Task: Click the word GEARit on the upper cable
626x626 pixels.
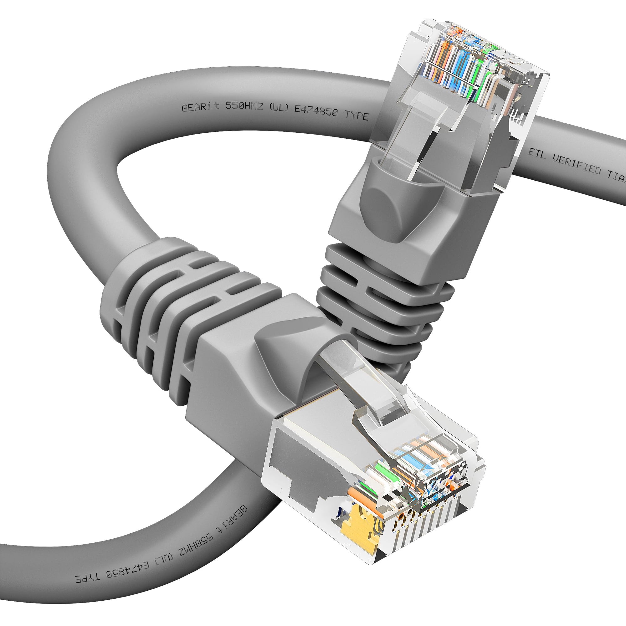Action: coord(201,106)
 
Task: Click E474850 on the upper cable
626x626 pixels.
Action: coord(316,111)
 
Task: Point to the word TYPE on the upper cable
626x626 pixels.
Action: coord(357,115)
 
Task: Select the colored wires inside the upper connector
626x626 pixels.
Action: coord(460,65)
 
